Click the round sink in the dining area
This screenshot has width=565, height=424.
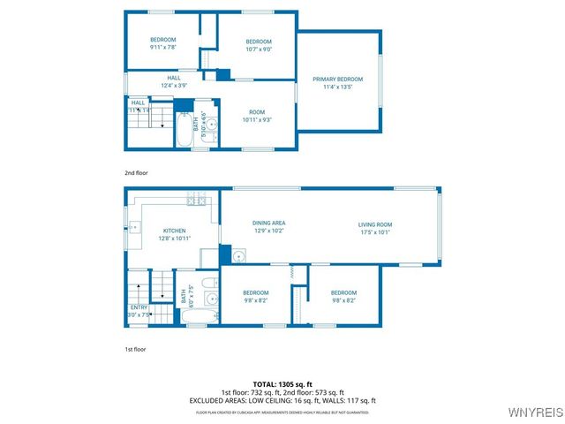pyautogui.click(x=238, y=256)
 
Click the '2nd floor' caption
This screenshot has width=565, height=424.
pyautogui.click(x=135, y=173)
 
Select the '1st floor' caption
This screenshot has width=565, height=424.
pyautogui.click(x=135, y=350)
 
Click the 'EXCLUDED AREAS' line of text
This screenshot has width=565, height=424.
pyautogui.click(x=282, y=400)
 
